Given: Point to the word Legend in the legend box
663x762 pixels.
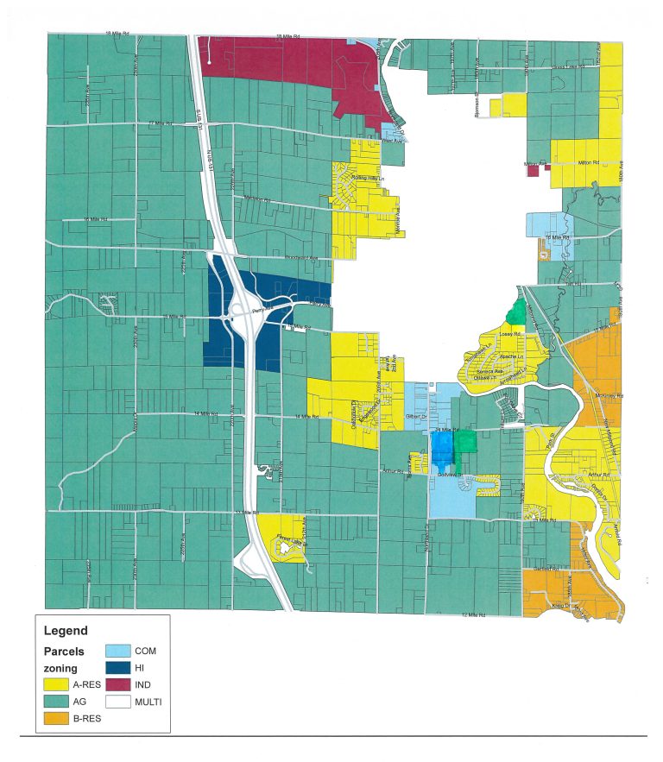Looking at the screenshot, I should click(66, 630).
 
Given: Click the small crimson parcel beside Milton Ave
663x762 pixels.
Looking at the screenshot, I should click(533, 172).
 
